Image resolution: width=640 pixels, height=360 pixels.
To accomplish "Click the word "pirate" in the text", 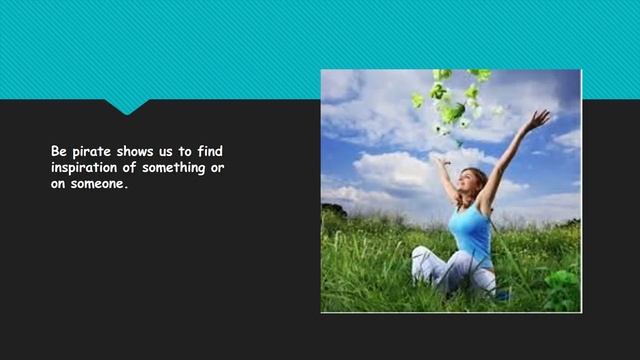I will point(86,151).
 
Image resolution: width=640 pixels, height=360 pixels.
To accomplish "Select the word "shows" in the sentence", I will point(131,151).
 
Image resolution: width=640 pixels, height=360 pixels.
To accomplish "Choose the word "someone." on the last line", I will point(97,183).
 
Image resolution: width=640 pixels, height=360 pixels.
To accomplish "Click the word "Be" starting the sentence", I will point(58,151).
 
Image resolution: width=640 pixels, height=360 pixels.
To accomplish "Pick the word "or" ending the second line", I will point(217,167).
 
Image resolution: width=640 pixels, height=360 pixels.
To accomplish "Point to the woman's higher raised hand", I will point(540,119).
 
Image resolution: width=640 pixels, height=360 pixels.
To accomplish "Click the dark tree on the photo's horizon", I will point(334,210).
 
